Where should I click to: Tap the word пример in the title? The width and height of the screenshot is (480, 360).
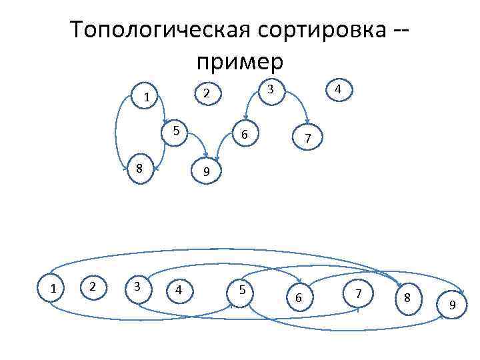pos(240,61)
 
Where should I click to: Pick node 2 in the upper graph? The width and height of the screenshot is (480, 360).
pos(207,93)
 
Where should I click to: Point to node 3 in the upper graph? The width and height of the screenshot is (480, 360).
pos(270,89)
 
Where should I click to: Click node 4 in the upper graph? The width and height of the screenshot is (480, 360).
pos(339,89)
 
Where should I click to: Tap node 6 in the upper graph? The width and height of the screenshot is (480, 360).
pos(245,135)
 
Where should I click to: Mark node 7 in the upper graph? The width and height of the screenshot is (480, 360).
pos(307,139)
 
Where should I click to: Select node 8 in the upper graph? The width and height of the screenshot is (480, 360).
pos(139,168)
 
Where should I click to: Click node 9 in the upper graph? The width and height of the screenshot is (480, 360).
pos(207,172)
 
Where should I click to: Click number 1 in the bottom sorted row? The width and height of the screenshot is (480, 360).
pos(53,288)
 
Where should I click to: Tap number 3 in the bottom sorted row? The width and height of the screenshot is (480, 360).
pos(137,286)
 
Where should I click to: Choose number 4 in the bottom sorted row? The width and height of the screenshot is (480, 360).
pos(178,290)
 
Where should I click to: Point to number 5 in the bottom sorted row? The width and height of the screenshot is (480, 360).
pos(242,290)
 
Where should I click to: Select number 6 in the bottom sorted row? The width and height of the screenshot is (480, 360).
pos(299,297)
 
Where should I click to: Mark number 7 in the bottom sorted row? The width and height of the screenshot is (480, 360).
pos(359,293)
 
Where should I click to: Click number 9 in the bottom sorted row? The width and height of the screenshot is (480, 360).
pos(452,305)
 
